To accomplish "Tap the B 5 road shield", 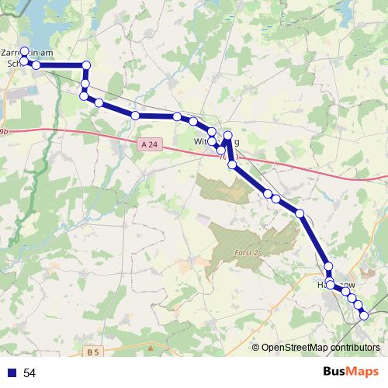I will pyautogui.click(x=93, y=352).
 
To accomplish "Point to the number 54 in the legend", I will pyautogui.click(x=30, y=373).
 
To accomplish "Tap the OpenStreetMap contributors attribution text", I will pyautogui.click(x=320, y=348).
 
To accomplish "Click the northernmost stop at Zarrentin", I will pyautogui.click(x=24, y=51).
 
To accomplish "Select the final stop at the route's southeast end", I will pyautogui.click(x=363, y=315).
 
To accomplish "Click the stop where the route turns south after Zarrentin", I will pyautogui.click(x=86, y=65).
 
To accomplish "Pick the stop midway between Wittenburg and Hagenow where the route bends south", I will pyautogui.click(x=300, y=213).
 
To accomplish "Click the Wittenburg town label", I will pyautogui.click(x=217, y=142).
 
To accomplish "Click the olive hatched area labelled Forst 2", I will pyautogui.click(x=248, y=237).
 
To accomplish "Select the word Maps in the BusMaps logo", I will pyautogui.click(x=362, y=372).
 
